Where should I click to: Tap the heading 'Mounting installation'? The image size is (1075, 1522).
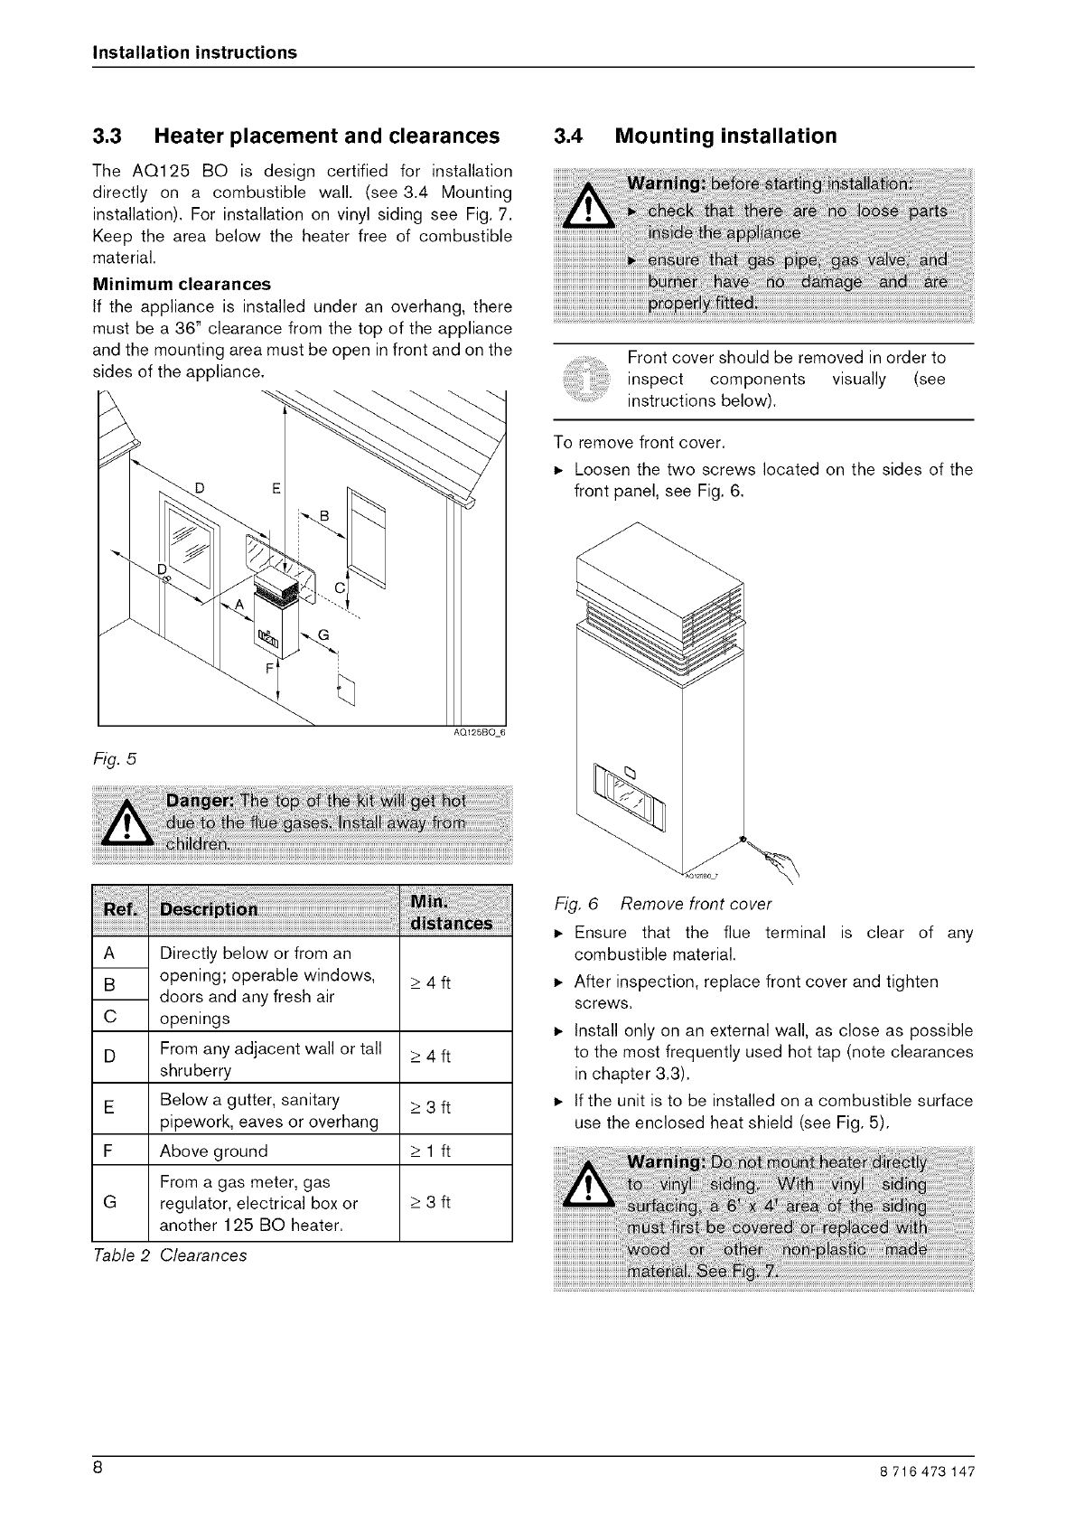click(x=725, y=136)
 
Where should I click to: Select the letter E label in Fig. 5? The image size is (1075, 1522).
click(x=277, y=490)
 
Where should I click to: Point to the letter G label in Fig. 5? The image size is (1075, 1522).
click(x=323, y=634)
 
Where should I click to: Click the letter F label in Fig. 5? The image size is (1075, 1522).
click(x=268, y=670)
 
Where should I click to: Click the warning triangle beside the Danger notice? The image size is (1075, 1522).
click(x=129, y=825)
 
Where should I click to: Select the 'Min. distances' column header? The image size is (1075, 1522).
click(x=451, y=913)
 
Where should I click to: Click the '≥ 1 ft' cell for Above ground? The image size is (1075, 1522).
click(x=430, y=1151)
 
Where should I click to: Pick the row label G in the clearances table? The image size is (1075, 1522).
click(x=109, y=1203)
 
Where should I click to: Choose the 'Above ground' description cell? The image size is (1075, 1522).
click(x=213, y=1151)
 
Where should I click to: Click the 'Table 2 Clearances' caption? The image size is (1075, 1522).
click(x=169, y=1255)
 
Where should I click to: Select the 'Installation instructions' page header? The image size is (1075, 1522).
click(x=194, y=52)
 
